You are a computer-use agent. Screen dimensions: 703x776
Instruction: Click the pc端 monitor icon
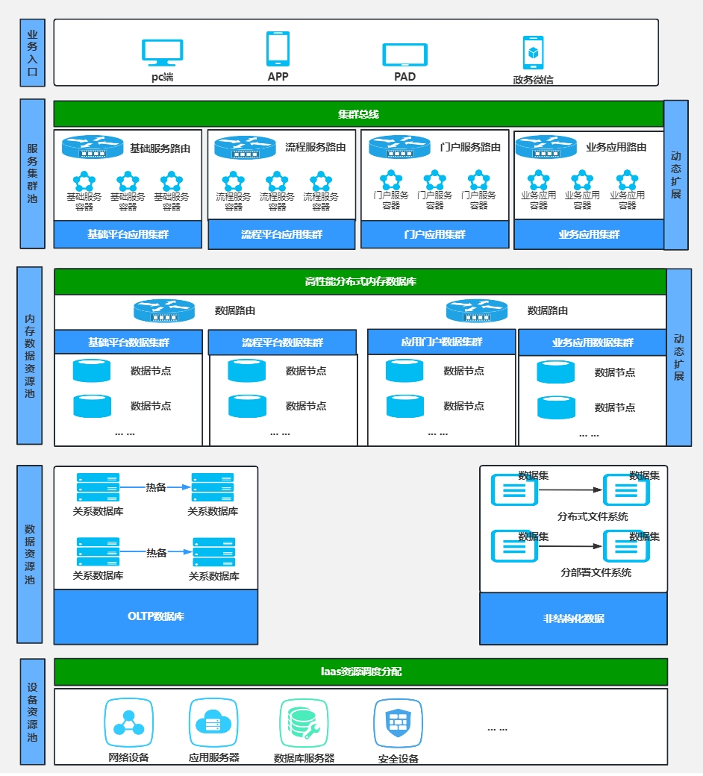click(x=163, y=52)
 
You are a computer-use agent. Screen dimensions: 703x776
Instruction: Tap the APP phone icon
click(x=278, y=48)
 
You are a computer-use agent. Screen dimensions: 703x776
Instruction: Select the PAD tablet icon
click(x=404, y=55)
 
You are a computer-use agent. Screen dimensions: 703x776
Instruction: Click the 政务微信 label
click(x=533, y=80)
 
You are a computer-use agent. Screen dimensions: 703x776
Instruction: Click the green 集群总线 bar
click(x=358, y=114)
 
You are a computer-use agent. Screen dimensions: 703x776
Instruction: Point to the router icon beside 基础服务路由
click(x=93, y=147)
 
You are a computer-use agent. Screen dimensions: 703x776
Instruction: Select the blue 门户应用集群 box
click(x=434, y=234)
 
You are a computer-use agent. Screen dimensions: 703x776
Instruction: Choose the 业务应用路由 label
click(x=616, y=147)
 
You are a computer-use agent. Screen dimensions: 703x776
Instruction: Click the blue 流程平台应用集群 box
click(x=281, y=234)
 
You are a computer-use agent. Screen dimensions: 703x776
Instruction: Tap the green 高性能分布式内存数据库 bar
click(x=360, y=281)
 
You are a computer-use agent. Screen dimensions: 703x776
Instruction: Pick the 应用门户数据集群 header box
click(x=442, y=342)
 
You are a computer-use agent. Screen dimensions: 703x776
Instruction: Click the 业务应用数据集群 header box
click(x=593, y=342)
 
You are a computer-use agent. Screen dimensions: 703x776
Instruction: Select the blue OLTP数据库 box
click(x=156, y=616)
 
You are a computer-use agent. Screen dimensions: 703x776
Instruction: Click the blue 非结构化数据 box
click(x=573, y=619)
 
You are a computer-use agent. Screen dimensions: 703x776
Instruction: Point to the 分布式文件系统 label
click(x=593, y=516)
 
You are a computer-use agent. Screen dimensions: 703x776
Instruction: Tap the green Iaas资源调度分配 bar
click(x=361, y=672)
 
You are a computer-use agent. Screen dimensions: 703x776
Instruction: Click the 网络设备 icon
click(x=128, y=722)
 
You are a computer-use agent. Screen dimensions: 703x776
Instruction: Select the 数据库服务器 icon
click(x=304, y=723)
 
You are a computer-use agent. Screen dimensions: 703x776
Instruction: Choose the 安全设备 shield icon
click(x=398, y=723)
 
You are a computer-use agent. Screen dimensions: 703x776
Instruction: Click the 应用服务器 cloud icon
click(x=213, y=722)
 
